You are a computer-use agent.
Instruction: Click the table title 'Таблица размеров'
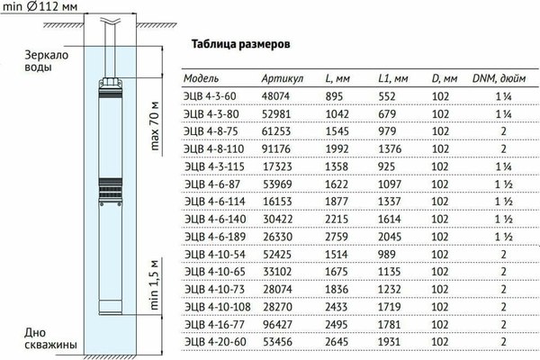point(242,43)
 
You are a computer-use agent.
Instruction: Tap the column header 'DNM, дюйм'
point(503,78)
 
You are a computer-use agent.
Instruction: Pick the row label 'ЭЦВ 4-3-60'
point(212,98)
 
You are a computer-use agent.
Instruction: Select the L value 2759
point(334,238)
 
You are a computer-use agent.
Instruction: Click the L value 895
point(334,98)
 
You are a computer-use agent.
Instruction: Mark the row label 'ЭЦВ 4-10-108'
point(217,307)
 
